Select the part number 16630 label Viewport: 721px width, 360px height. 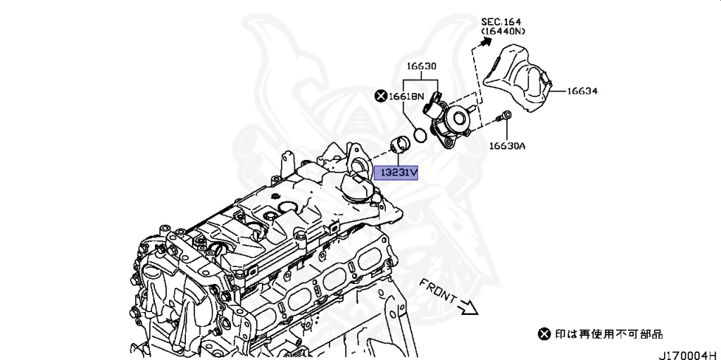point(421,66)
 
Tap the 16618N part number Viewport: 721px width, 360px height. point(408,96)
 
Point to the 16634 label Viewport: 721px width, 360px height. point(582,91)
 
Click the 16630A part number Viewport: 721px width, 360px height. point(508,147)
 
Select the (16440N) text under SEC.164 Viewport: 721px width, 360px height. point(503,32)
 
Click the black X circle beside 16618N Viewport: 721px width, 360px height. point(381,96)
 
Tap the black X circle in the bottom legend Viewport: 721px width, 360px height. point(543,334)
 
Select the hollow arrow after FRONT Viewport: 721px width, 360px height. point(467,306)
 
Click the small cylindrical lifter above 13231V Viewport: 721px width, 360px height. point(401,146)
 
